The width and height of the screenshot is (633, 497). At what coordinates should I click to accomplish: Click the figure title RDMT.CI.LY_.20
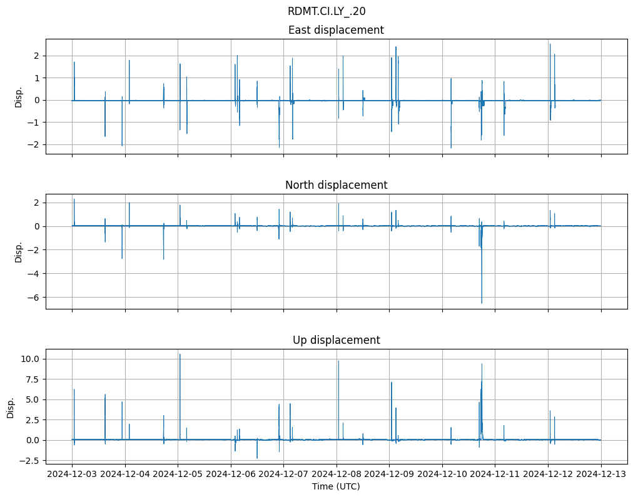[327, 11]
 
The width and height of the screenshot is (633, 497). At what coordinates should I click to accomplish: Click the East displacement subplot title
[336, 30]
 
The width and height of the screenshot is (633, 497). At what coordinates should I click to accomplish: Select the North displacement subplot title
[336, 185]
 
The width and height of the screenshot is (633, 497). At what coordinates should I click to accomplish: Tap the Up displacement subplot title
[336, 340]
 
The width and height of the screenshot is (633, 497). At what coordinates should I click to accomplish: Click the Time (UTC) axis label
[336, 486]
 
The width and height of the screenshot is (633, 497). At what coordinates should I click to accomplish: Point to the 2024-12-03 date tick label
[72, 474]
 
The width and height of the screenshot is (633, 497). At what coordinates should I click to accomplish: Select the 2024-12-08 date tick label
[337, 474]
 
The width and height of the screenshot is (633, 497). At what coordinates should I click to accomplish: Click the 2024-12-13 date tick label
[601, 474]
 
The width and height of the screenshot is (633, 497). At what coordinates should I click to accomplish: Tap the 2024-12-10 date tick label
[442, 474]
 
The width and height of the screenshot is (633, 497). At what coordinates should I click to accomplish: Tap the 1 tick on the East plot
[37, 78]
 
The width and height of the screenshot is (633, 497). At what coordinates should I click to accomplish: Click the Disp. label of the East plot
[19, 97]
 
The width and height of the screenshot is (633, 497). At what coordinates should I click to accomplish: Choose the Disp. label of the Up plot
[11, 407]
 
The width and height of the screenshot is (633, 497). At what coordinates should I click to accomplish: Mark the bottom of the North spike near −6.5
[482, 303]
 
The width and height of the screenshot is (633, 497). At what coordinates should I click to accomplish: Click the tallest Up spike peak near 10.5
[180, 354]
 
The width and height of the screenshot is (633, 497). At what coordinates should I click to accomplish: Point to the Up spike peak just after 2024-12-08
[338, 361]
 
